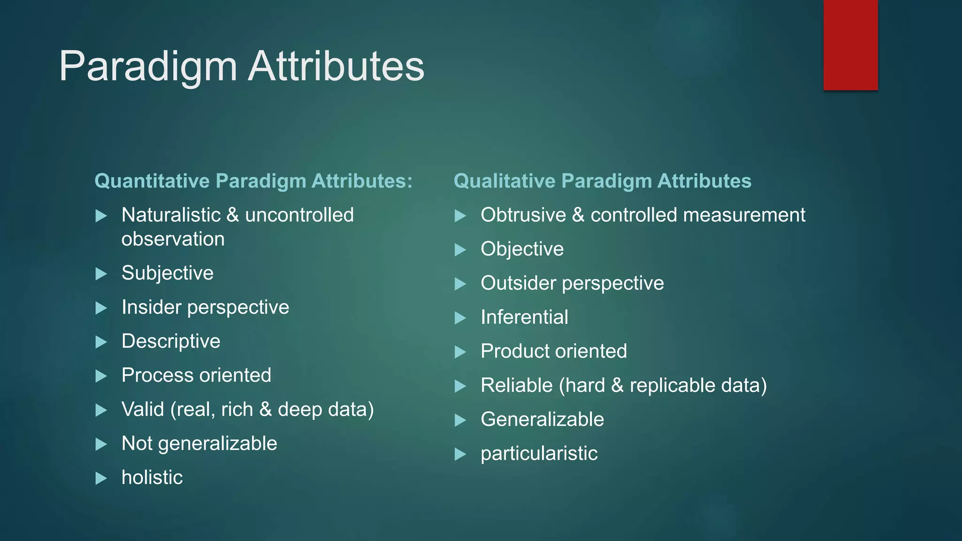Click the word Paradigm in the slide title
click(147, 67)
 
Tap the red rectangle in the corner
click(850, 45)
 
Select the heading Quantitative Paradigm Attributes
click(253, 181)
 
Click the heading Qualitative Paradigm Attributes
click(602, 181)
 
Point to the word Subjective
click(167, 273)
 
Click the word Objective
click(522, 249)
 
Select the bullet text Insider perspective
click(205, 307)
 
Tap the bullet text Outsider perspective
click(572, 283)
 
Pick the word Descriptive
click(171, 341)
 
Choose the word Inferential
click(524, 317)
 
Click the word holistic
click(152, 478)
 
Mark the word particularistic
click(539, 454)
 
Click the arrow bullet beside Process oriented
click(101, 376)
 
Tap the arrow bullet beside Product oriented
click(460, 352)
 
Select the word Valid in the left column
click(143, 410)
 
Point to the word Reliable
click(517, 386)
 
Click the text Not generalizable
click(199, 444)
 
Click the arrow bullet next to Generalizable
click(460, 420)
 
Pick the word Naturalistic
click(171, 215)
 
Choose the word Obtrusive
click(523, 215)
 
